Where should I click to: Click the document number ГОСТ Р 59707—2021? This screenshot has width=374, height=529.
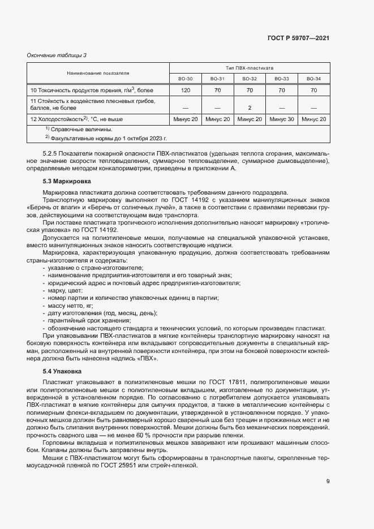pyautogui.click(x=298, y=38)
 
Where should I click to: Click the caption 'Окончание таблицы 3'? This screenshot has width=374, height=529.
pyautogui.click(x=57, y=55)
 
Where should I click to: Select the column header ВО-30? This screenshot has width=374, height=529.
pyautogui.click(x=185, y=79)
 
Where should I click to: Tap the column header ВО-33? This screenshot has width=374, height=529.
pyautogui.click(x=281, y=79)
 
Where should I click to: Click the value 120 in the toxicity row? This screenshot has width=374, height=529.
pyautogui.click(x=185, y=90)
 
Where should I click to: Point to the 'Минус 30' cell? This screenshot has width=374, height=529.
pyautogui.click(x=281, y=119)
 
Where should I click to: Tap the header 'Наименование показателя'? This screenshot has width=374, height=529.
pyautogui.click(x=98, y=73)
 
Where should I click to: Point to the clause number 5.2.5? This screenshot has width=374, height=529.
pyautogui.click(x=51, y=154)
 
